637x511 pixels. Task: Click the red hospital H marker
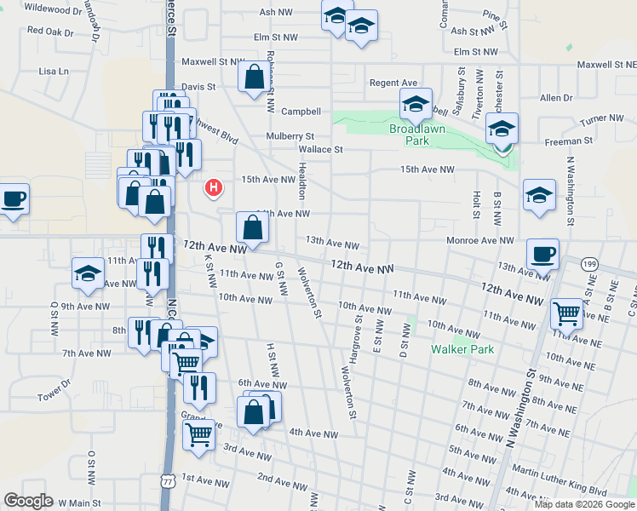click(215, 187)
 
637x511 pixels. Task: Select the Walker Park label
click(462, 349)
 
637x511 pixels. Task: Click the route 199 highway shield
click(589, 265)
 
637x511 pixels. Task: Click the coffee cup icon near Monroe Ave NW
click(542, 254)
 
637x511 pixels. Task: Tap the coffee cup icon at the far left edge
click(14, 200)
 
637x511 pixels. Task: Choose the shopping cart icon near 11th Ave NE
click(566, 314)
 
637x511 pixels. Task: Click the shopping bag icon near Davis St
click(255, 78)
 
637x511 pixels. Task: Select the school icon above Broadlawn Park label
click(416, 105)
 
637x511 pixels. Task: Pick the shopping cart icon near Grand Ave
click(198, 434)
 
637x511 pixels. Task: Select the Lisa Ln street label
click(53, 72)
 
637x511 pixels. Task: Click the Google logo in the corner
click(28, 500)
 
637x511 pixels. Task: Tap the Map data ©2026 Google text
click(584, 504)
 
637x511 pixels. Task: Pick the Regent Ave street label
click(393, 83)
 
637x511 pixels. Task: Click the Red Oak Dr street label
click(51, 31)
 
